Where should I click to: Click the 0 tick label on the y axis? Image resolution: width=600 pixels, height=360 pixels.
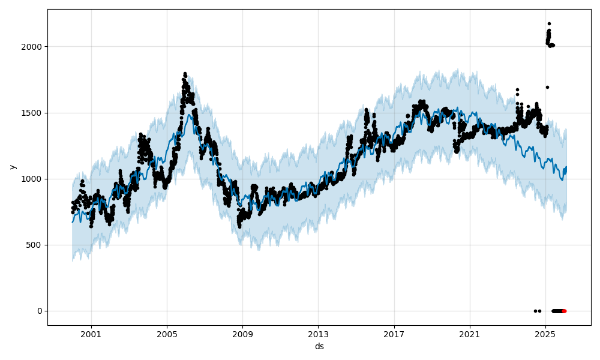[x=40, y=311]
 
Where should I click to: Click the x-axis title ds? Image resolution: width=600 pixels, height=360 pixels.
[x=319, y=346]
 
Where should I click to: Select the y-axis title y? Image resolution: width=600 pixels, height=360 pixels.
[x=13, y=167]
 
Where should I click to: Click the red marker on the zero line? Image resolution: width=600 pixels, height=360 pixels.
[x=564, y=311]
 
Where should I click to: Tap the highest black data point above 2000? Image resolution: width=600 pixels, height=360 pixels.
[x=549, y=23]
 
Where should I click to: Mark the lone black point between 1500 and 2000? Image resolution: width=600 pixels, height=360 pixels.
[x=547, y=87]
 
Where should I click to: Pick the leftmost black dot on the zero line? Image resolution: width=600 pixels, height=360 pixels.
[x=535, y=311]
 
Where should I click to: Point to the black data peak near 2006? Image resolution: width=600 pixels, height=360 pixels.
[x=185, y=74]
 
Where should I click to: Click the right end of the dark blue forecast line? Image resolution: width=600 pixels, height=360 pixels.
[x=566, y=167]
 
